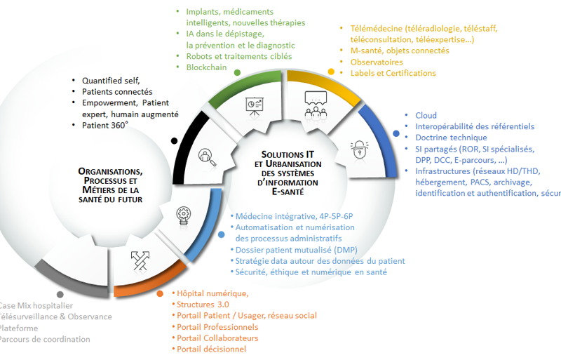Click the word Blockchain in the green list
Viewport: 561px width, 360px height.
tap(206, 67)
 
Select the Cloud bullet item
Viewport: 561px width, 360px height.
tap(426, 115)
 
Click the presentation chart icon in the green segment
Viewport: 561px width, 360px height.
tap(255, 105)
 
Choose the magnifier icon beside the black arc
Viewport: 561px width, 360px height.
tap(207, 154)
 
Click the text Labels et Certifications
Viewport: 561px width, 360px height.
tap(393, 73)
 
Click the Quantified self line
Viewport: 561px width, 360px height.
tap(111, 80)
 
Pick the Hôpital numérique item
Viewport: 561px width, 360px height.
tap(212, 293)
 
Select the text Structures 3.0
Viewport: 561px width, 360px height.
tap(203, 305)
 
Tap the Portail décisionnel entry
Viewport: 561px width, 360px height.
tap(211, 349)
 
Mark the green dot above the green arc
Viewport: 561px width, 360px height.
tap(237, 72)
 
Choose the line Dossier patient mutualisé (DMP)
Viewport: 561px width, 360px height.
tap(295, 250)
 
